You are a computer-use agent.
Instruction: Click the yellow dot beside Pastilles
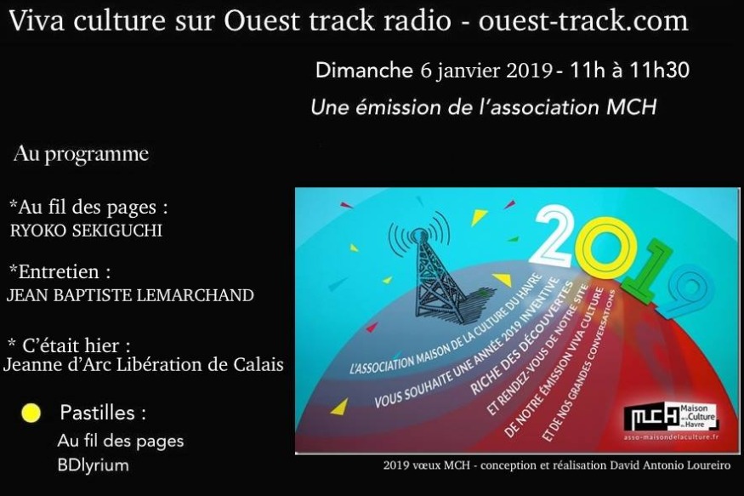click(31, 413)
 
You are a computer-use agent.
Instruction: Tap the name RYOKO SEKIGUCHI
click(86, 231)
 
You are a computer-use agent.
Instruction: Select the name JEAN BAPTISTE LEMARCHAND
click(130, 295)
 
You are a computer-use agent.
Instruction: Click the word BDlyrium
click(93, 465)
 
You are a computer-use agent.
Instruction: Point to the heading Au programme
click(81, 154)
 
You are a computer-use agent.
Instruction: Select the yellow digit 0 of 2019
click(605, 248)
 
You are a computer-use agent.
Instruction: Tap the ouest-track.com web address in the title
click(583, 21)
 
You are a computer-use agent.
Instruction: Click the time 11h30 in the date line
click(659, 71)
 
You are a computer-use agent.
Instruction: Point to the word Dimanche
click(364, 71)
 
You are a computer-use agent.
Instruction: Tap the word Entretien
click(60, 272)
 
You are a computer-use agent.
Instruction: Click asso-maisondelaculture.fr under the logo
click(671, 436)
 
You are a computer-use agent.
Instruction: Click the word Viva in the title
click(37, 21)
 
